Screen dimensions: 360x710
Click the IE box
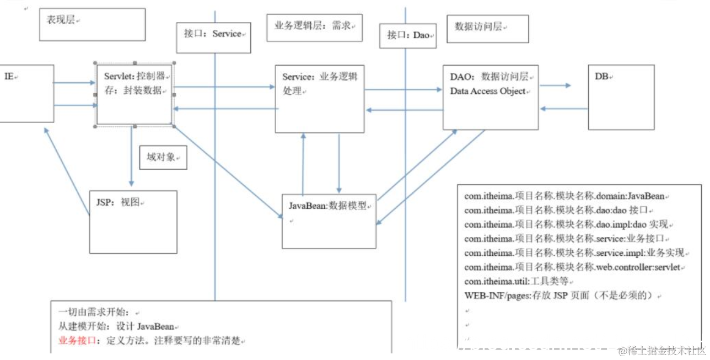(25, 93)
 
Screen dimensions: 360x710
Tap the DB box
(621, 97)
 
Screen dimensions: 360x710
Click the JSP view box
(133, 222)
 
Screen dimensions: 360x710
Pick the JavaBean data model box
(329, 221)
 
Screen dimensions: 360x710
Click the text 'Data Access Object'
(488, 92)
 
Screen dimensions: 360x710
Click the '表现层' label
(92, 24)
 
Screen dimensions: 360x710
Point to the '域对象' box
(163, 157)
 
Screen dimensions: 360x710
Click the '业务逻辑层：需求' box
(314, 28)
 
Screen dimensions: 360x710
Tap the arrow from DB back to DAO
(563, 109)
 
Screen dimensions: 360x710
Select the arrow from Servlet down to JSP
(132, 157)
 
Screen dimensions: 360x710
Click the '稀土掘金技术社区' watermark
(662, 351)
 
